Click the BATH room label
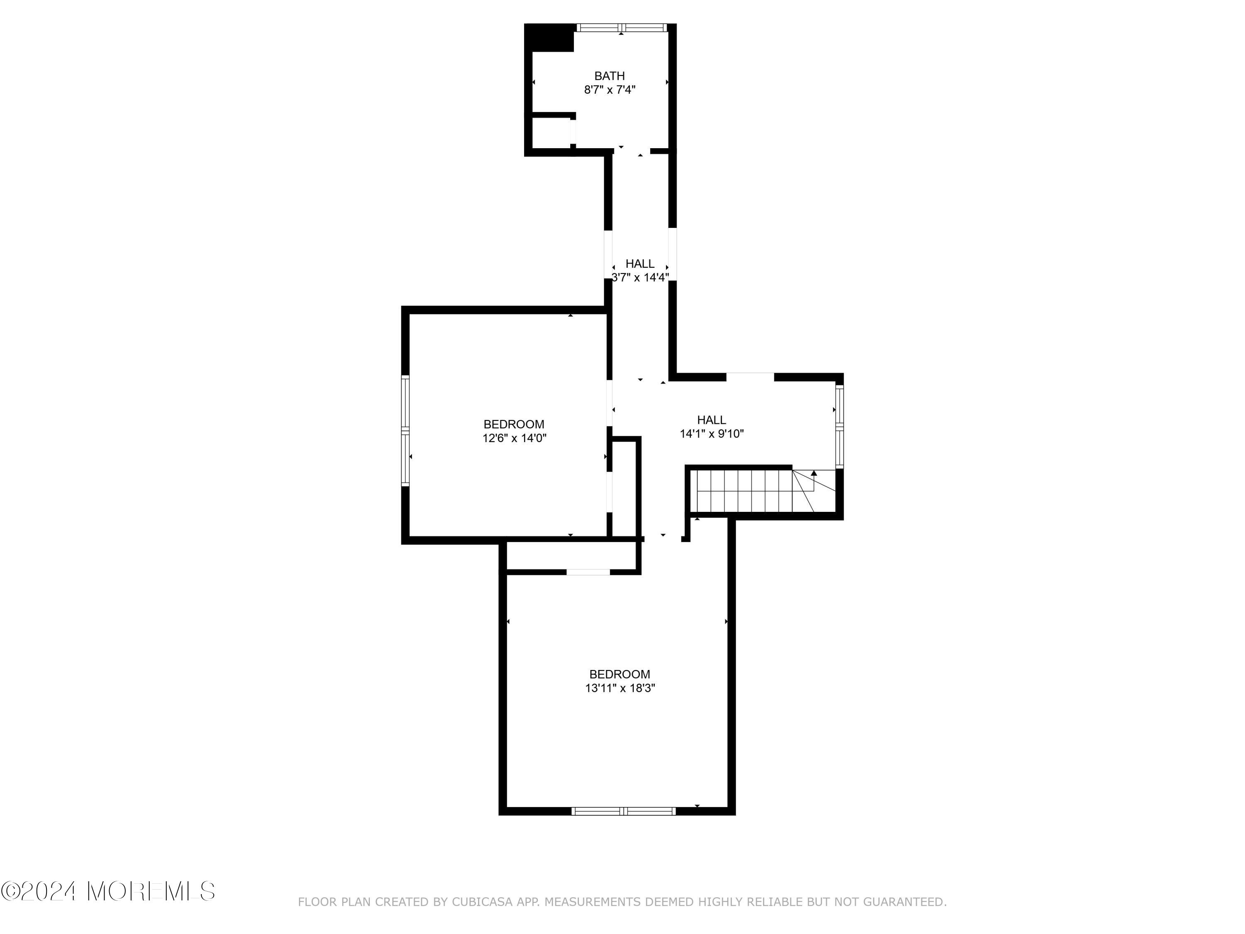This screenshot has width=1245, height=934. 610,76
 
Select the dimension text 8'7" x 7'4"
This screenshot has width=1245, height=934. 610,90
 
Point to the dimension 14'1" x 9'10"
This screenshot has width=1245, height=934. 712,433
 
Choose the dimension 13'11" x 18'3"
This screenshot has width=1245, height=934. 620,688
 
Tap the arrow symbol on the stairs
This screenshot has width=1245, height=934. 814,474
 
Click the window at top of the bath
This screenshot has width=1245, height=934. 622,27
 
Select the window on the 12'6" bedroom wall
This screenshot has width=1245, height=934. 405,431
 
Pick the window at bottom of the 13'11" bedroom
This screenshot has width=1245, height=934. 624,811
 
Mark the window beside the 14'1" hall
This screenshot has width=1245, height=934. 839,426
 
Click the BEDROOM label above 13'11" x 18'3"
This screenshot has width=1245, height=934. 620,674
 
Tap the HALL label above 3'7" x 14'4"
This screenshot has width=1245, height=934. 640,264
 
